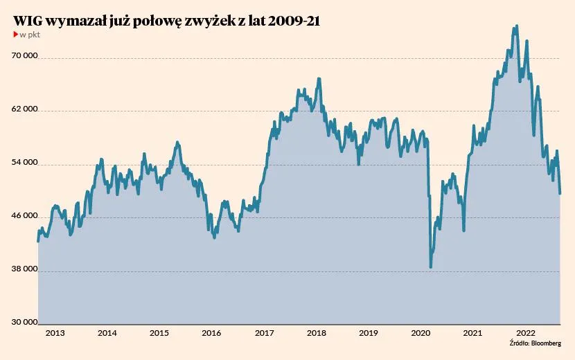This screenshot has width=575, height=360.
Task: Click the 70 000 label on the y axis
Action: coord(25,57)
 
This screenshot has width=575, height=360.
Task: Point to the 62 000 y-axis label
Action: coord(25,111)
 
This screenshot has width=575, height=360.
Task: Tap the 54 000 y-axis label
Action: coord(25,164)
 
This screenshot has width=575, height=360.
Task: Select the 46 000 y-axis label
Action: coord(25,217)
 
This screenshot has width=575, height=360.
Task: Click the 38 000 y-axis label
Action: coord(25,271)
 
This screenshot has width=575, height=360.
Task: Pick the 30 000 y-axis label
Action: coord(25,322)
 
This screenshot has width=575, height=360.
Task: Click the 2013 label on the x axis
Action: coord(55,334)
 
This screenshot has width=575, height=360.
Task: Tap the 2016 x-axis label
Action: coord(211,334)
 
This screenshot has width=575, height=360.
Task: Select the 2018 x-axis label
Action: coord(316,334)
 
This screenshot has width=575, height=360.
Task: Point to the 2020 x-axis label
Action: coord(421,334)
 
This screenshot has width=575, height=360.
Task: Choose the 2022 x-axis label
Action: coord(524,334)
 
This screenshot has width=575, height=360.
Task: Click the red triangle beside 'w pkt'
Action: coord(16,35)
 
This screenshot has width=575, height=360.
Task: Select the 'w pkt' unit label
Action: coord(30,35)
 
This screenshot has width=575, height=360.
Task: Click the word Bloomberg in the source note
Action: coord(545,343)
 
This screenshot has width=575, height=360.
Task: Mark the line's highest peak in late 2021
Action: coord(516,26)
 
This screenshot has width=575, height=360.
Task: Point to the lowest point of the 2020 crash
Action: coord(431,267)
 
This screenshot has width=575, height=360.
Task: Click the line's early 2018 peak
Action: coord(319,79)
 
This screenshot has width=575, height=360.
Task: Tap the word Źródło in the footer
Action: coord(519,343)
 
